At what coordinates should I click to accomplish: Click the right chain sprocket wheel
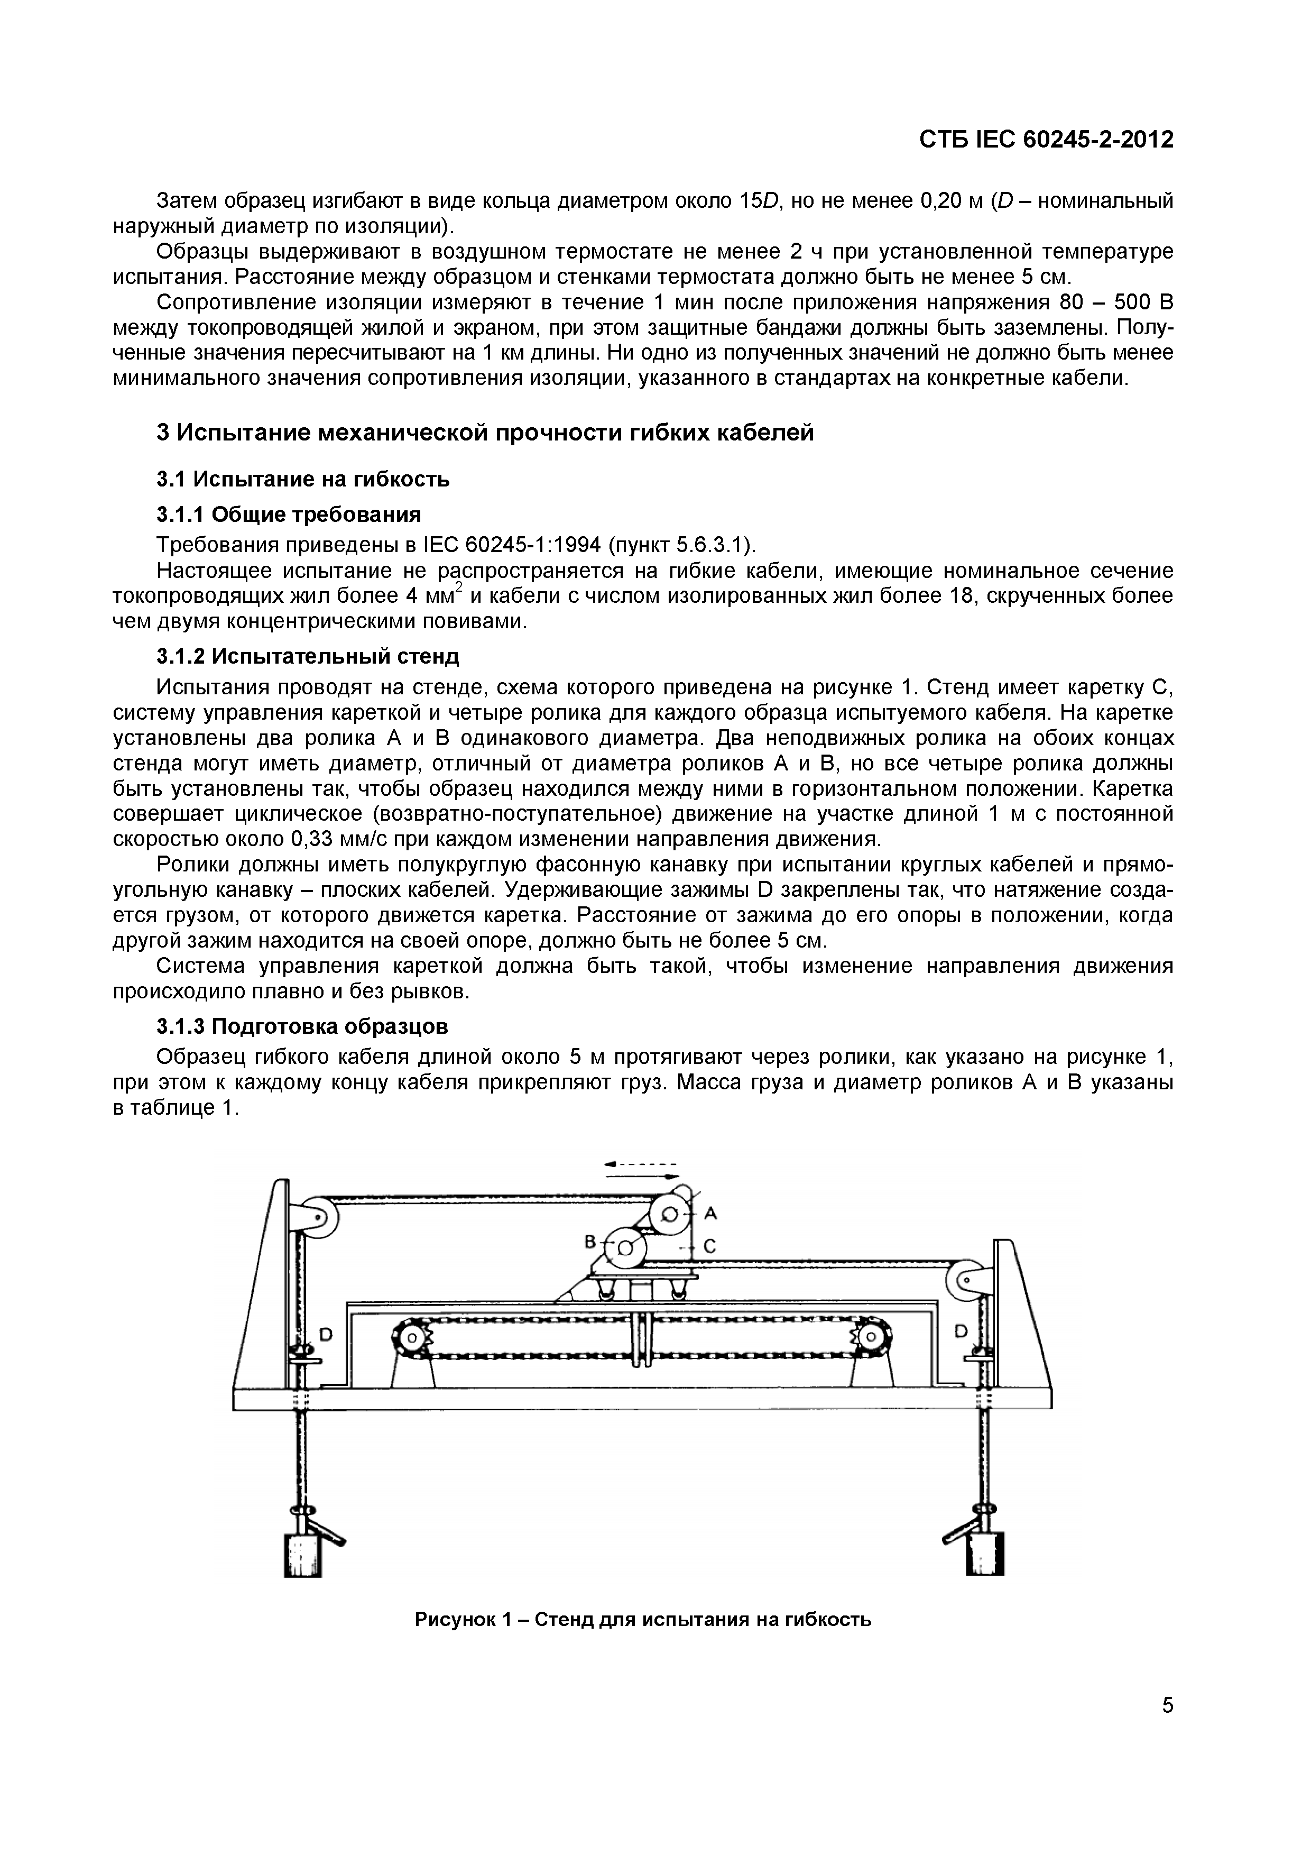click(x=870, y=1337)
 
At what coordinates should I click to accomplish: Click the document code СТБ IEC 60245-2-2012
click(x=1045, y=140)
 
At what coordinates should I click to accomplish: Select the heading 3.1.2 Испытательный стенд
click(x=307, y=656)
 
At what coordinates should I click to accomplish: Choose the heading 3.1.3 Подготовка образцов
click(x=302, y=1026)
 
